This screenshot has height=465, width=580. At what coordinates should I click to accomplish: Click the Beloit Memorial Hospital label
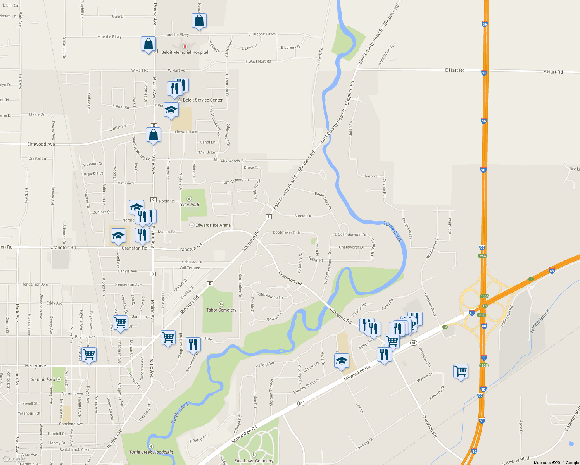185,52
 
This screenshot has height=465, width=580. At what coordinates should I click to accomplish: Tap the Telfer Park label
189,205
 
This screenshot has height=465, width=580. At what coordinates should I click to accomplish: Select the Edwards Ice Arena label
213,225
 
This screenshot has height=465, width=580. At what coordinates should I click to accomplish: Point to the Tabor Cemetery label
221,310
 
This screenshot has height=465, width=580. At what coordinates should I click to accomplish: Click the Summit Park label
43,379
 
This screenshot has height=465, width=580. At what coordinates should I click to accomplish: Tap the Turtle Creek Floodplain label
151,452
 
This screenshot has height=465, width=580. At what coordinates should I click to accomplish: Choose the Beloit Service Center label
202,100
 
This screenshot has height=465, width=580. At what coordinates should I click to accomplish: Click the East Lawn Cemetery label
254,461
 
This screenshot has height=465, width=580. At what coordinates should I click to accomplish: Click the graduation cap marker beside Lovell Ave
118,236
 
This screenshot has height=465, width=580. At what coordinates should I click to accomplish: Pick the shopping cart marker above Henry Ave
89,355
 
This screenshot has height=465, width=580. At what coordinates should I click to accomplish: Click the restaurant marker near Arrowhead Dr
193,344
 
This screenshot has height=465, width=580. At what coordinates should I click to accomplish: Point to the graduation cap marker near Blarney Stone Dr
341,361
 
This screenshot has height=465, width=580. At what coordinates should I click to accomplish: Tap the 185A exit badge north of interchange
482,256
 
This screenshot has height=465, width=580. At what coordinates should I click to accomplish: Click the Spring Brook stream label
540,320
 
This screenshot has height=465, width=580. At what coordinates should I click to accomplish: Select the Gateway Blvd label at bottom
515,461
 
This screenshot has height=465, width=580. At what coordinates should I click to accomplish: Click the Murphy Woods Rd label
230,160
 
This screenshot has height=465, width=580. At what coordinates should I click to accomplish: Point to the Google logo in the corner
14,459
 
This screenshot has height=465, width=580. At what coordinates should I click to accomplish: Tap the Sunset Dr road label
302,216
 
